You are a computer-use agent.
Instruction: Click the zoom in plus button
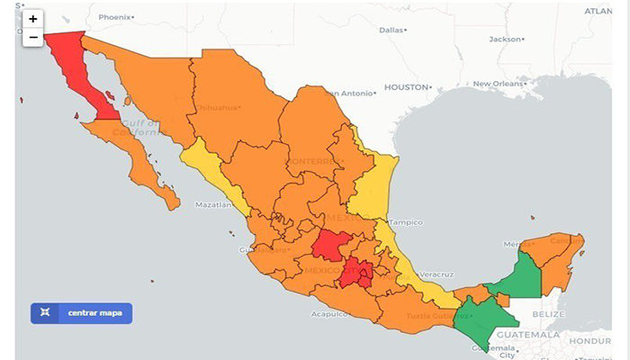33,19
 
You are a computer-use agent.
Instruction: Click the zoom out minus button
33,38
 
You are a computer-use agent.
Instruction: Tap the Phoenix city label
114,17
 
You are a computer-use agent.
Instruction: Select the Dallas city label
391,30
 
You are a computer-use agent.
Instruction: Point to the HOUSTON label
406,87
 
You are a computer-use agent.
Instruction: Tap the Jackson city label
505,39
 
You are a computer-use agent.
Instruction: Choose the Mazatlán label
213,205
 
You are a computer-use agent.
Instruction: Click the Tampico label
406,222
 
